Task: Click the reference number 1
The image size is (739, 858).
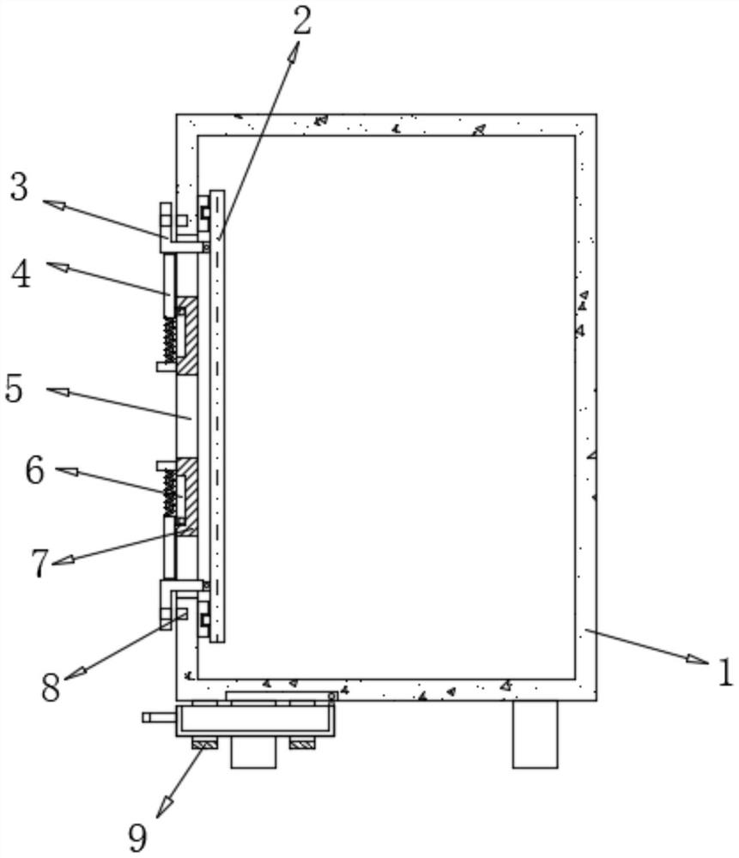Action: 725,672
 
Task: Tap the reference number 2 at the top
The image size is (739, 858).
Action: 301,21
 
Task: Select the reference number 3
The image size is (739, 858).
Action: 20,188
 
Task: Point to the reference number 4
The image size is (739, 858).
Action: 21,275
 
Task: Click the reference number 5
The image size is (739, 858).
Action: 15,389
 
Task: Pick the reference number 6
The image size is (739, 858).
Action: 34,470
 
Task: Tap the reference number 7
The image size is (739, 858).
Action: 39,563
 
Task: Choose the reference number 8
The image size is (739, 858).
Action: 51,687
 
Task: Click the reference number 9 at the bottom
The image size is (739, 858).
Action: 137,836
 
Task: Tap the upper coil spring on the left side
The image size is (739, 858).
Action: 170,339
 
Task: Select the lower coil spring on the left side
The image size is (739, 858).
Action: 170,492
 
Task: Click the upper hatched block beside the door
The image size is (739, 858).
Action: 187,335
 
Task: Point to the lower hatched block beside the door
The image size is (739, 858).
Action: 187,496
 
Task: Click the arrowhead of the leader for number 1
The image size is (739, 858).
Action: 700,660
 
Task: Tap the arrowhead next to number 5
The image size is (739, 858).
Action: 58,392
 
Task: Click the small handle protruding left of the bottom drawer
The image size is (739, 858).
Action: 159,716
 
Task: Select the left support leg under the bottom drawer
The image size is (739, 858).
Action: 253,752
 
